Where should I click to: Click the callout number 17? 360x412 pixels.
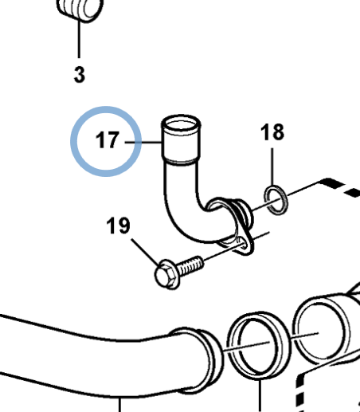click(x=108, y=139)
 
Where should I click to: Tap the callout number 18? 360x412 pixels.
click(x=272, y=132)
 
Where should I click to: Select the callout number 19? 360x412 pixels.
click(x=118, y=226)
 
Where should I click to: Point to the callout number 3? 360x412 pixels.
click(x=80, y=74)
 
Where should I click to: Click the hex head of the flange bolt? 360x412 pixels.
click(x=165, y=275)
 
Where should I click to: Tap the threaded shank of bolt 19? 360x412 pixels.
click(x=190, y=265)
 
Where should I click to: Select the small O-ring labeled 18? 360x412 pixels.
click(x=276, y=200)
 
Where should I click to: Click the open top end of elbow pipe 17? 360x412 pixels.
click(x=181, y=123)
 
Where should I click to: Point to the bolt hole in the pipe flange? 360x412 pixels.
click(x=243, y=243)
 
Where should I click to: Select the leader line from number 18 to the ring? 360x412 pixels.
click(x=272, y=167)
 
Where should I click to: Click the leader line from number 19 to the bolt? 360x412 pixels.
click(x=146, y=252)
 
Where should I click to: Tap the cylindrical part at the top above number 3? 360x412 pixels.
click(x=80, y=10)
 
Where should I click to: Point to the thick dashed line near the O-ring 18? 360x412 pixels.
click(x=341, y=187)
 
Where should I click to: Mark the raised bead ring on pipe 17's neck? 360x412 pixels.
click(x=181, y=161)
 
